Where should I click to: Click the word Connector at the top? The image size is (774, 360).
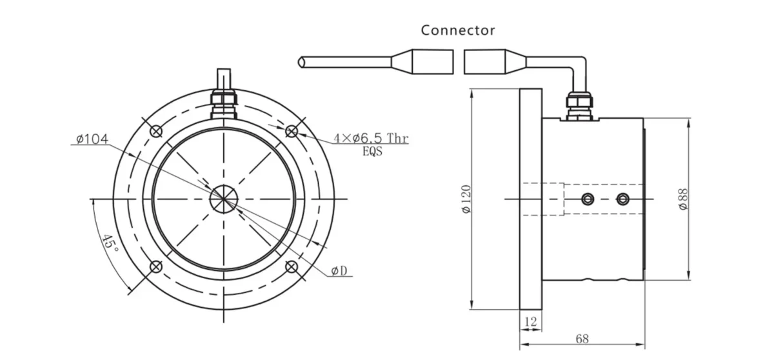458,30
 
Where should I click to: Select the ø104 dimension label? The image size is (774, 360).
91,139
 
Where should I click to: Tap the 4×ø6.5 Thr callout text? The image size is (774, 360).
371,139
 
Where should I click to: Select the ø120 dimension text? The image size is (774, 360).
467,199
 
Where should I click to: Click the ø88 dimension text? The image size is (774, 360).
683,198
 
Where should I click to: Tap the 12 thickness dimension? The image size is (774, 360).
531,321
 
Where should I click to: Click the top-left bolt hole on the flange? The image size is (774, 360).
155,131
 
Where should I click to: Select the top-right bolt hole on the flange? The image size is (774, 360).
292,131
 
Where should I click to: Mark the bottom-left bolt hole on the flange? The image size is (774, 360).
155,266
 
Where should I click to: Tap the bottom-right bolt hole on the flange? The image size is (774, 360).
292,266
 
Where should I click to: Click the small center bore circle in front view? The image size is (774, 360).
224,199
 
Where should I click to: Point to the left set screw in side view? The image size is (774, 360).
587,199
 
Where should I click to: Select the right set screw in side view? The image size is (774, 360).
622,199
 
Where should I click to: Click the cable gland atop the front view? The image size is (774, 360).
224,102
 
